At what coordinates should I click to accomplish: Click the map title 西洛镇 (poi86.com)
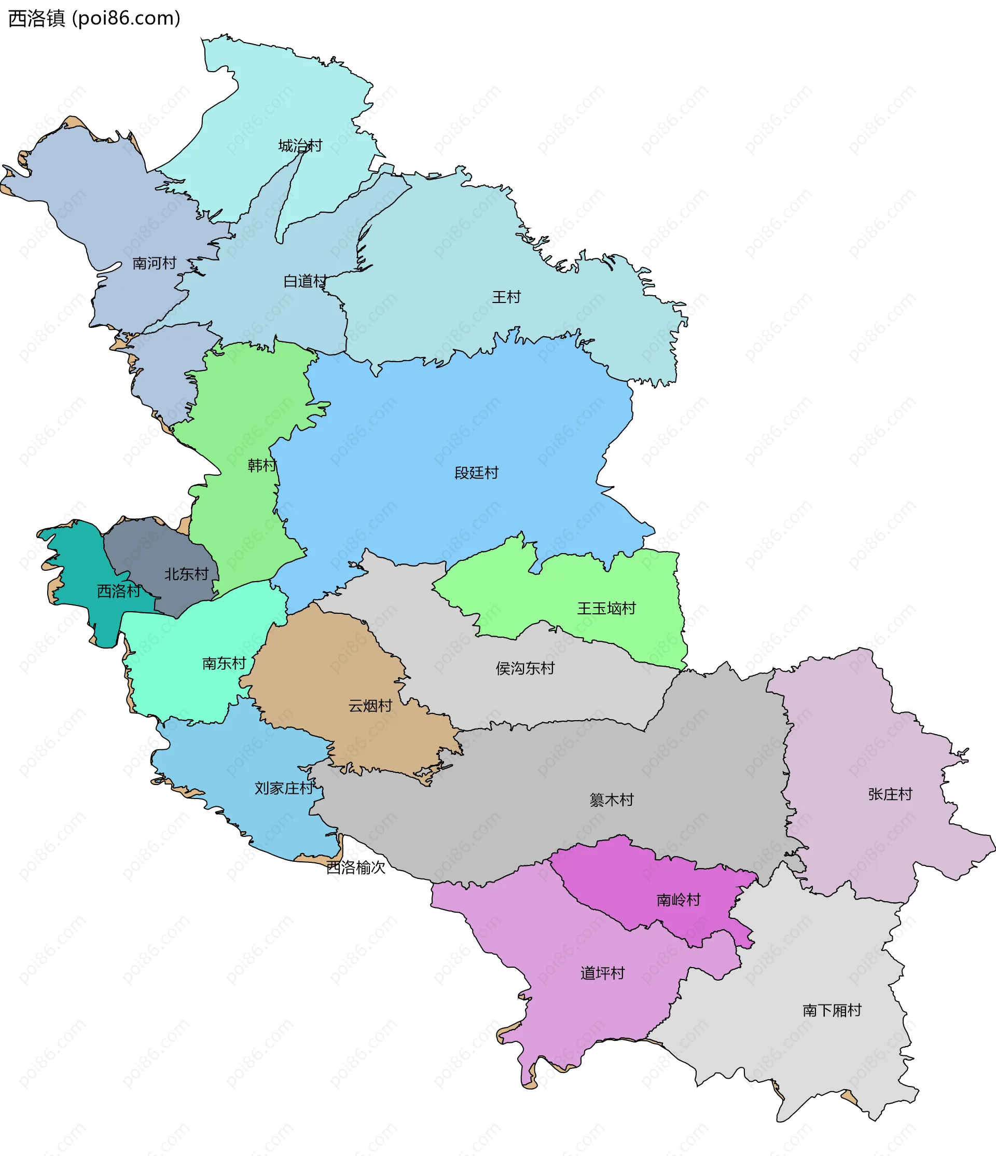click(x=94, y=18)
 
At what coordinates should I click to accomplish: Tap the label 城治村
click(x=300, y=146)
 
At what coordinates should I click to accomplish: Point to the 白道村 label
click(x=305, y=281)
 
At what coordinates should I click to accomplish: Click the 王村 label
click(x=506, y=297)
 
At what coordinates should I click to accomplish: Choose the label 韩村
click(x=261, y=465)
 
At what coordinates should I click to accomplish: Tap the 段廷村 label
click(x=476, y=473)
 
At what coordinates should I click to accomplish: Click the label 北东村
click(x=186, y=574)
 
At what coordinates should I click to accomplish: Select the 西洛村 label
click(x=119, y=591)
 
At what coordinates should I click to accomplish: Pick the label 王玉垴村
click(x=606, y=608)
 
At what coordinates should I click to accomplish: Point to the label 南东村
click(x=224, y=664)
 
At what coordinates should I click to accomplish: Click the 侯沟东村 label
click(x=525, y=668)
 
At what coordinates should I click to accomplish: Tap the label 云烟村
click(x=370, y=706)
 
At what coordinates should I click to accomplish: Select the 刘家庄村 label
click(x=284, y=788)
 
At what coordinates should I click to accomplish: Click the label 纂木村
click(x=612, y=800)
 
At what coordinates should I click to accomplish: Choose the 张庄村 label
click(x=890, y=794)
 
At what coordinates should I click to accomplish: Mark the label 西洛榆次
click(x=356, y=868)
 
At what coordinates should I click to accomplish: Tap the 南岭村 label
click(x=679, y=900)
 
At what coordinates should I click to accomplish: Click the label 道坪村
click(x=602, y=973)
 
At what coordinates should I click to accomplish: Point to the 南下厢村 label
click(x=832, y=1010)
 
